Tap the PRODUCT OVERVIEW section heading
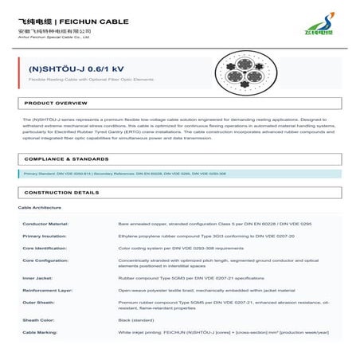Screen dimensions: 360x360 pos(56,104)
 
